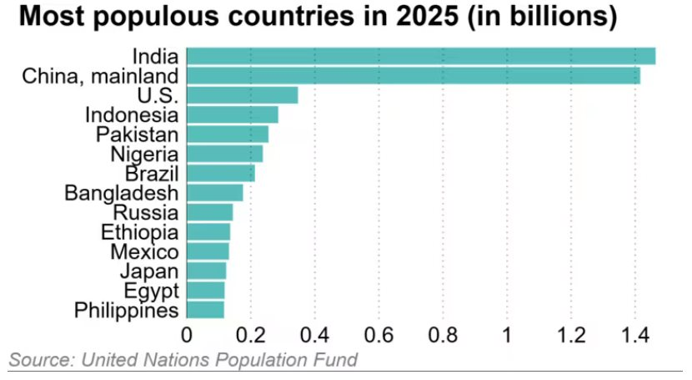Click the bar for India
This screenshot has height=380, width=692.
pos(421,57)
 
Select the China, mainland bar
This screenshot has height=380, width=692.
pos(414,76)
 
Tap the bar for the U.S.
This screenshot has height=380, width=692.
pos(243,95)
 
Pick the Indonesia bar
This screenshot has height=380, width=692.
pos(233,114)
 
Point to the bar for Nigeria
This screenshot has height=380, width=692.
pos(225,154)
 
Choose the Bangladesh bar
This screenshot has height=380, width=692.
pos(215,193)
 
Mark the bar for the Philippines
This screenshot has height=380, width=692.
pos(206,310)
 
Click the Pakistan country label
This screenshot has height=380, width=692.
pos(137,134)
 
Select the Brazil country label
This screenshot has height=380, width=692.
pos(151,174)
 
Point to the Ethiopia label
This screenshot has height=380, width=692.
pos(139,232)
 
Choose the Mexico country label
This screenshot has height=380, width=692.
pos(143,251)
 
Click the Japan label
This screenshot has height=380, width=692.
pos(148,271)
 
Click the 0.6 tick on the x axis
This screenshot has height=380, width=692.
pos(379,334)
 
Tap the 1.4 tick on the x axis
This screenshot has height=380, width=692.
pos(634,334)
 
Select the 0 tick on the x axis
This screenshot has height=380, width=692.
pos(187,334)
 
